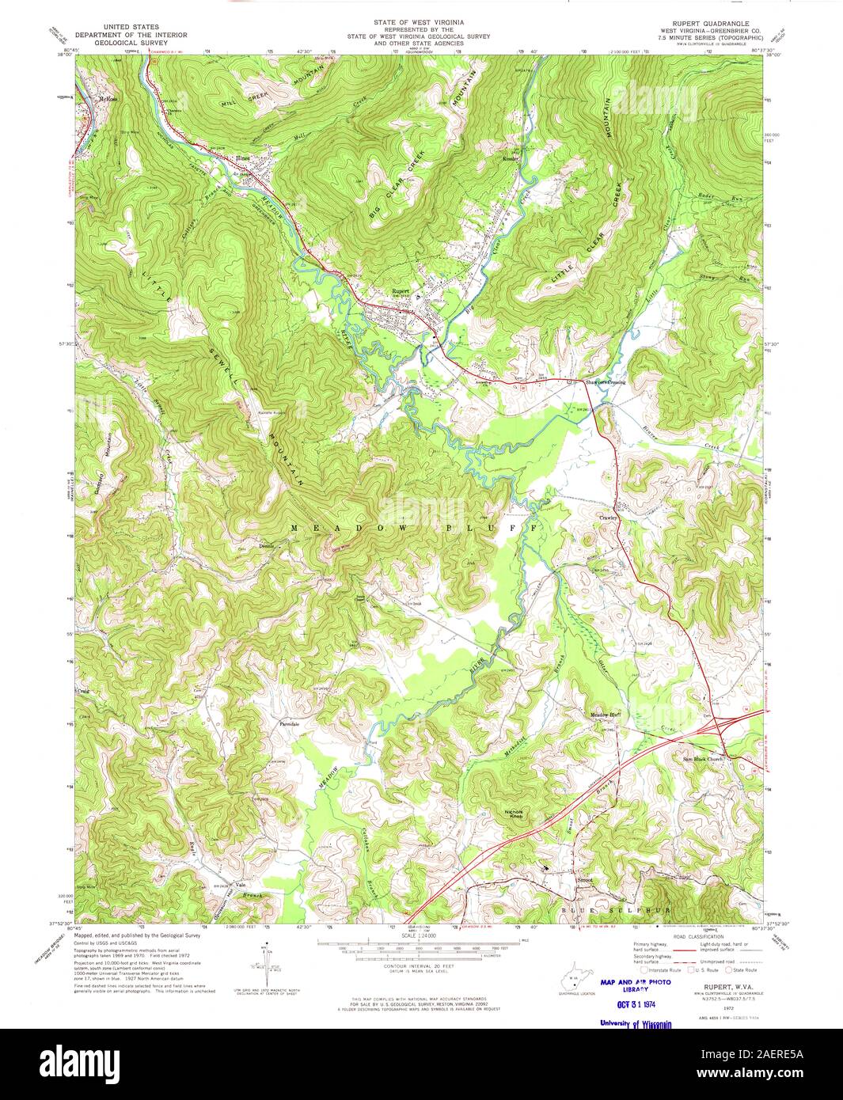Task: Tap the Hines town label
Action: coord(244,157)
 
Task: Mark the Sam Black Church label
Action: coord(703,760)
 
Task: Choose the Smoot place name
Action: coord(584,879)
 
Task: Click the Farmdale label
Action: coord(290,723)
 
